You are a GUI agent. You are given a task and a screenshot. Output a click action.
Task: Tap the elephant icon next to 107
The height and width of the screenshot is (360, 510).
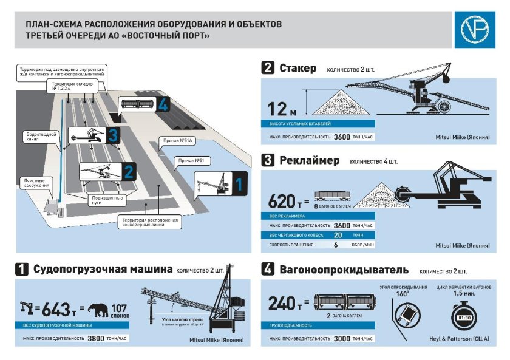click(x=97, y=310)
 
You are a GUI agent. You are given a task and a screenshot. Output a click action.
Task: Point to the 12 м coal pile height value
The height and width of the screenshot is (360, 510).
click(x=282, y=109)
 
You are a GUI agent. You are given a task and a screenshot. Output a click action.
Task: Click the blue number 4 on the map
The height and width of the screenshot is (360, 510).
click(x=161, y=104)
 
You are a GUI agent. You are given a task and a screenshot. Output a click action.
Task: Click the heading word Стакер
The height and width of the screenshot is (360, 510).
click(x=297, y=69)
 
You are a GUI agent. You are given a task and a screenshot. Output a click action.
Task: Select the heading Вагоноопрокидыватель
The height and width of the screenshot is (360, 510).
click(x=344, y=269)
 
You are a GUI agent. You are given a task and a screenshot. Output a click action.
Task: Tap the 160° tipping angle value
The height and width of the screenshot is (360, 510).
click(x=402, y=294)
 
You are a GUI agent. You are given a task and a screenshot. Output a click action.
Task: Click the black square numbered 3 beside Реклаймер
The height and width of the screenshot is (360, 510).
click(x=267, y=161)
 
